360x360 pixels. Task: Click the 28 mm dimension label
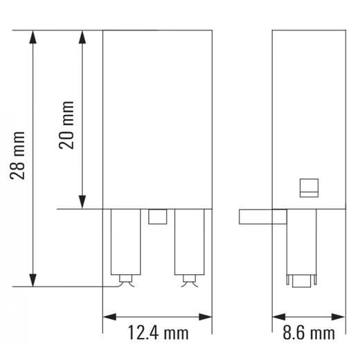click(19, 155)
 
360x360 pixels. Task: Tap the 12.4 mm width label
click(158, 333)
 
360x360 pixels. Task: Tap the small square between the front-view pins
click(158, 217)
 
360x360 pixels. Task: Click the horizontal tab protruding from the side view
click(262, 217)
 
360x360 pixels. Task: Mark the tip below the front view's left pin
click(126, 280)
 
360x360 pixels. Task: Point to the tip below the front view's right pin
click(189, 280)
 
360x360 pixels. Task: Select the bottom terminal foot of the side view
click(301, 280)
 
